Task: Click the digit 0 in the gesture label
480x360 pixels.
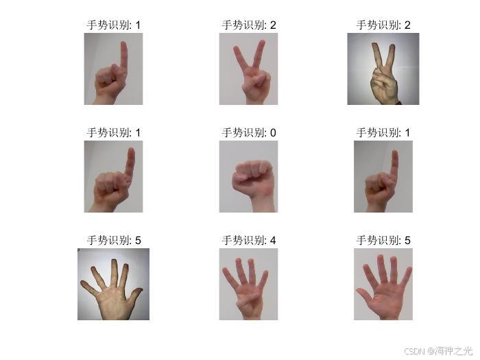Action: click(273, 132)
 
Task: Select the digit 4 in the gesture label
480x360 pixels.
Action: click(273, 240)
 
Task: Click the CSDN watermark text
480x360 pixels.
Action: click(414, 350)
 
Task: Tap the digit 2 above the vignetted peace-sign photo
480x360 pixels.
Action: click(407, 25)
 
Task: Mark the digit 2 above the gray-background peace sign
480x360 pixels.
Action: click(273, 25)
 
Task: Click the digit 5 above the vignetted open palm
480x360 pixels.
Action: click(138, 240)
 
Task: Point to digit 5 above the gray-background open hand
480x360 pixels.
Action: click(407, 240)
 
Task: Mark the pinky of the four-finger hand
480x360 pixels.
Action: click(228, 276)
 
